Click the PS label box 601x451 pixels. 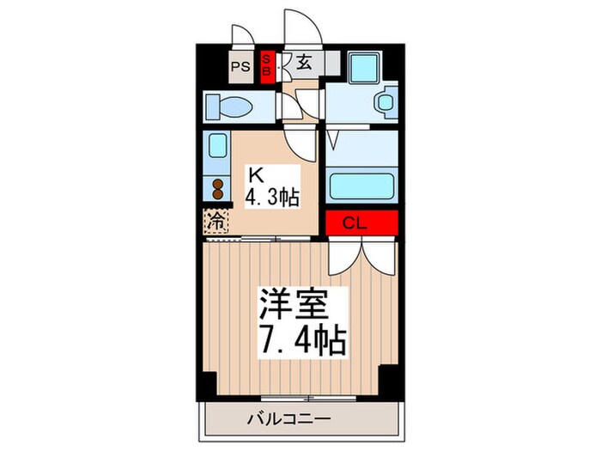[x=240, y=65]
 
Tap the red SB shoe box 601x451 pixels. [x=266, y=65]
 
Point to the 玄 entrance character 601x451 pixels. [x=305, y=61]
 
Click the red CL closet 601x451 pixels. [x=361, y=222]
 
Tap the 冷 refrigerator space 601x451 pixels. [x=217, y=221]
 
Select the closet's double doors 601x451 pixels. [x=361, y=253]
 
